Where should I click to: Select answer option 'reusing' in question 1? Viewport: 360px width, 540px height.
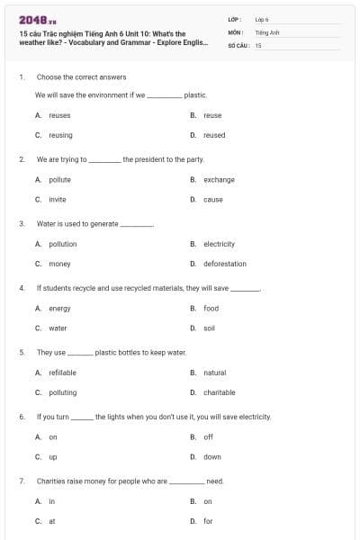pyautogui.click(x=60, y=135)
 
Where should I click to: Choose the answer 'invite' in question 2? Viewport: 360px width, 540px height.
pyautogui.click(x=58, y=199)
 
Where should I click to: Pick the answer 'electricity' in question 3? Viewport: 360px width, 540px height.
pyautogui.click(x=219, y=244)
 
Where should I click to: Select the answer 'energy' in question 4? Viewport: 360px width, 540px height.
pyautogui.click(x=59, y=309)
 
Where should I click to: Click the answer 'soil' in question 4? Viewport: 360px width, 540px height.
pyautogui.click(x=209, y=328)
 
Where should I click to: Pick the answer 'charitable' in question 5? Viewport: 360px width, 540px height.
pyautogui.click(x=219, y=392)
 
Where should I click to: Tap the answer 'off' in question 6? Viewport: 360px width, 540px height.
pyautogui.click(x=208, y=437)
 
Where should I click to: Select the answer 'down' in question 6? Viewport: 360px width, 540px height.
pyautogui.click(x=211, y=457)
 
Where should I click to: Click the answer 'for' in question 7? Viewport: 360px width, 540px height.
pyautogui.click(x=208, y=521)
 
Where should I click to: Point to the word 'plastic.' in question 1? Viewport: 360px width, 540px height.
pyautogui.click(x=195, y=94)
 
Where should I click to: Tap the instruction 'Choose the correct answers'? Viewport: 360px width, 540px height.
pyautogui.click(x=81, y=77)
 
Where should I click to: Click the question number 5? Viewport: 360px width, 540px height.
pyautogui.click(x=22, y=353)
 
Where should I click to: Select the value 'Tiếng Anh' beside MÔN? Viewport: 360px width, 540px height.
pyautogui.click(x=267, y=31)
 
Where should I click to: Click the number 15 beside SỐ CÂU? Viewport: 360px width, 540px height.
pyautogui.click(x=258, y=44)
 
